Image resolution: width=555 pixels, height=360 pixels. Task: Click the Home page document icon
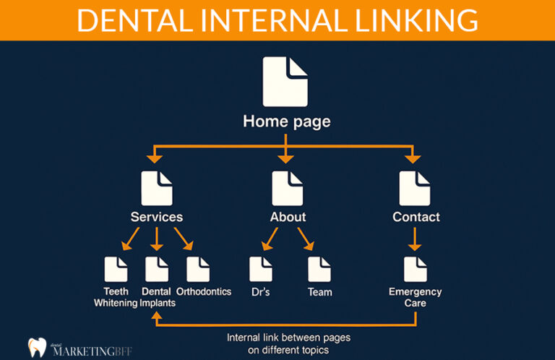(285, 81)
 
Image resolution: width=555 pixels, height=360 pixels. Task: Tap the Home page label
(286, 121)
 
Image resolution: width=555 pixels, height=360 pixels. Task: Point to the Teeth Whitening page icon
(116, 269)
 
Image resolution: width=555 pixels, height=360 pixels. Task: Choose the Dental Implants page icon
(157, 269)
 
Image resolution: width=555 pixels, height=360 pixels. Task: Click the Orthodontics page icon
(198, 269)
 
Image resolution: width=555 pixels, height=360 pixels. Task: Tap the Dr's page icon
(261, 269)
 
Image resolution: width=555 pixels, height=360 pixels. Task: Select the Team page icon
(319, 269)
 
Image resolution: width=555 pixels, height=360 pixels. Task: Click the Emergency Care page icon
(415, 269)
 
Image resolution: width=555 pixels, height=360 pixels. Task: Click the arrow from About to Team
(305, 239)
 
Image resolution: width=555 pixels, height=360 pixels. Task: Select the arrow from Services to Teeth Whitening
(131, 239)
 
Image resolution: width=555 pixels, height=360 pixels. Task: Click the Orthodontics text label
(204, 291)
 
